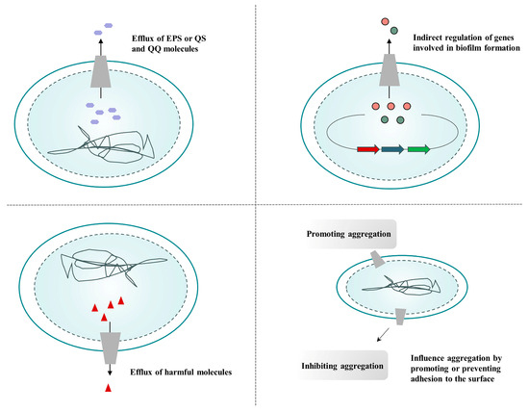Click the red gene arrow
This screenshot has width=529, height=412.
tap(366, 149)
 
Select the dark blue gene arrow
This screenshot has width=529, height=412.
tap(391, 149)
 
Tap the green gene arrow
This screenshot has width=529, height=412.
tap(417, 149)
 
